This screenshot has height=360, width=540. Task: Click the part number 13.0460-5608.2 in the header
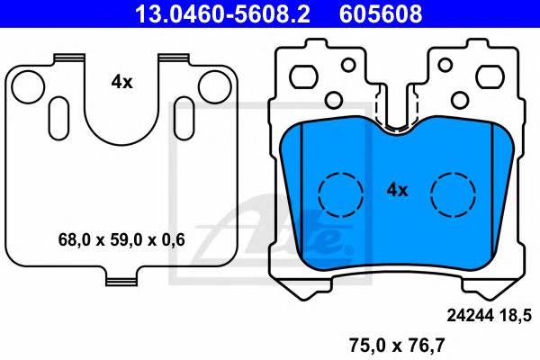click(222, 13)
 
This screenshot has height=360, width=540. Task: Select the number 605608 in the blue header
click(381, 13)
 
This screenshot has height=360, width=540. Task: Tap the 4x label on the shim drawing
click(121, 82)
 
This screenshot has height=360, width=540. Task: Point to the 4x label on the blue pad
click(398, 190)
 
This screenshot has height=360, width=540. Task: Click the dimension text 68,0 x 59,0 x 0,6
click(121, 239)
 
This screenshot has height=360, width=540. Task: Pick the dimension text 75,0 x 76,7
click(397, 345)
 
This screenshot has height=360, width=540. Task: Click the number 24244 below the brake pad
click(471, 315)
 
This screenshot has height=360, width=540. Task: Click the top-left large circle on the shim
click(28, 87)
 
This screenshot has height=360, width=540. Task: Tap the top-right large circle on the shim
click(215, 87)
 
